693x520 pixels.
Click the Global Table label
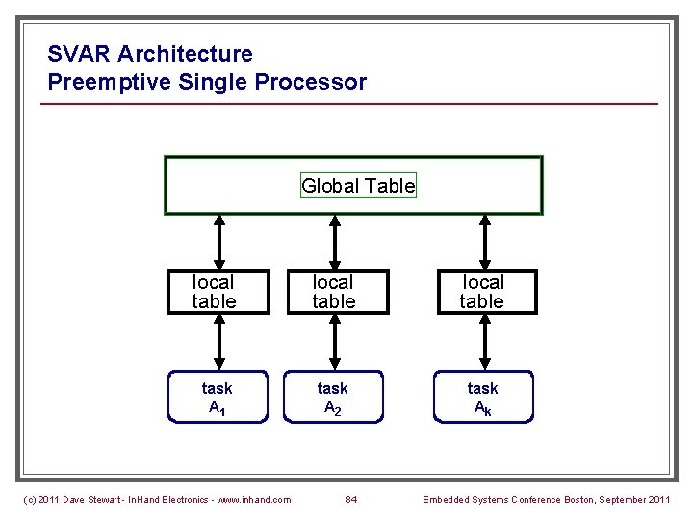click(358, 186)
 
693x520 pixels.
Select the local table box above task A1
click(214, 292)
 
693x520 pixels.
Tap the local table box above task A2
click(333, 292)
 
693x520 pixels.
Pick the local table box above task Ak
click(482, 292)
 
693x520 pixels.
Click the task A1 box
click(217, 397)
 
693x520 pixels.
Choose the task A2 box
click(333, 397)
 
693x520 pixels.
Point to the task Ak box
click(482, 397)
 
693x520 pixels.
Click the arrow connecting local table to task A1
click(219, 342)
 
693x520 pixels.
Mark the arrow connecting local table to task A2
click(333, 342)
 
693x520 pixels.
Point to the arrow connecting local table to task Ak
click(483, 342)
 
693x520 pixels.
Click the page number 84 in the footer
click(350, 499)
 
